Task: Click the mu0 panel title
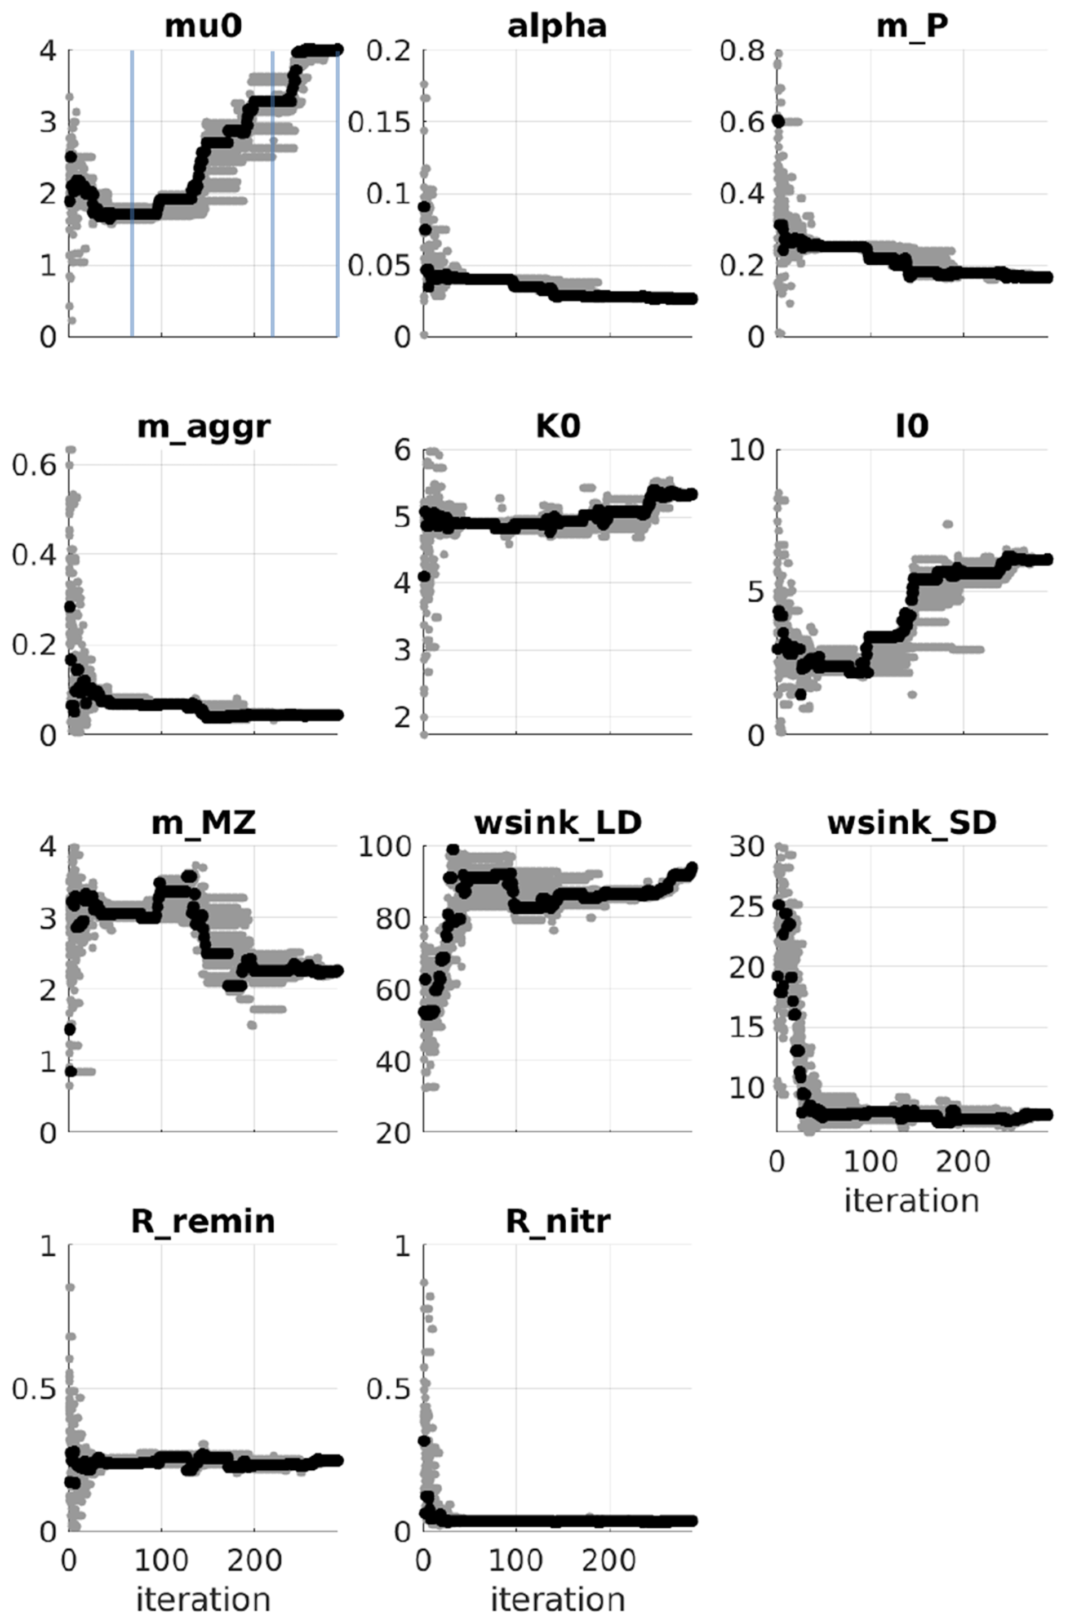[x=203, y=26]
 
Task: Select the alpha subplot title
[x=557, y=26]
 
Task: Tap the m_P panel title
[x=911, y=26]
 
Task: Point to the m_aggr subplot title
[x=203, y=427]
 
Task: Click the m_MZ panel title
[x=203, y=823]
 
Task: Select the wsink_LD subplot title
[x=557, y=823]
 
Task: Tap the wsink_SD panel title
[x=911, y=823]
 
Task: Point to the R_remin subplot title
[x=203, y=1221]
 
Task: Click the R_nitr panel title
[x=557, y=1221]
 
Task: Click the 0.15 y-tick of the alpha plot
[x=380, y=123]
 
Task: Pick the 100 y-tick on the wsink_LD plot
[x=385, y=846]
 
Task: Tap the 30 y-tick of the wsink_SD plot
[x=747, y=846]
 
